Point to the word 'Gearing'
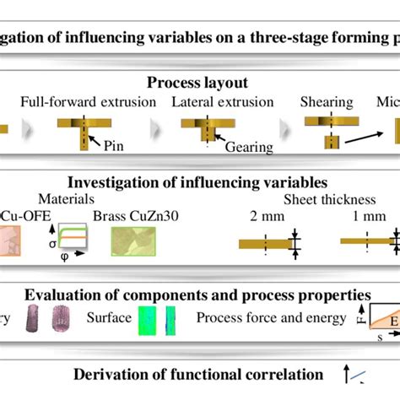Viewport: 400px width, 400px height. [x=249, y=147]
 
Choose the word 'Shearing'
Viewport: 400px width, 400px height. [x=327, y=102]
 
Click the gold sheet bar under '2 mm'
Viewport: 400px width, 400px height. [x=262, y=244]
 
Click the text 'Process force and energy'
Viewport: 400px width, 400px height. [x=271, y=318]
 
